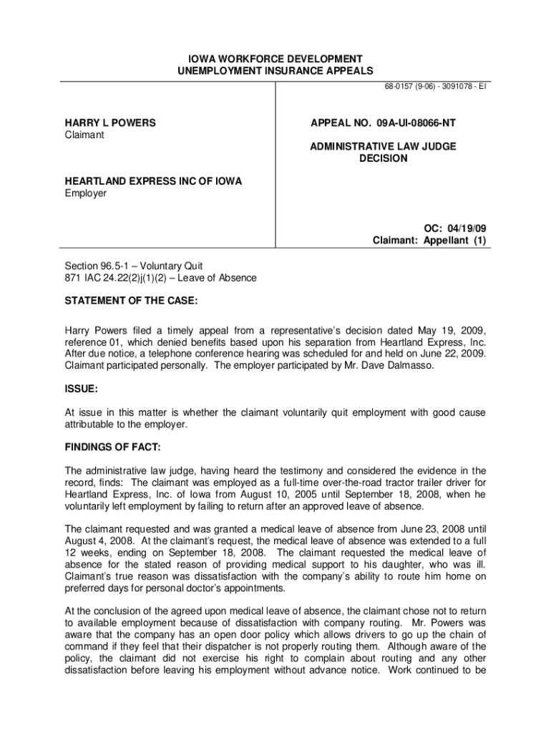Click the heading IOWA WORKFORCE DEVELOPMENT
click(275, 58)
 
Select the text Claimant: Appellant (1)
click(429, 241)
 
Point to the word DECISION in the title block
click(383, 158)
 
